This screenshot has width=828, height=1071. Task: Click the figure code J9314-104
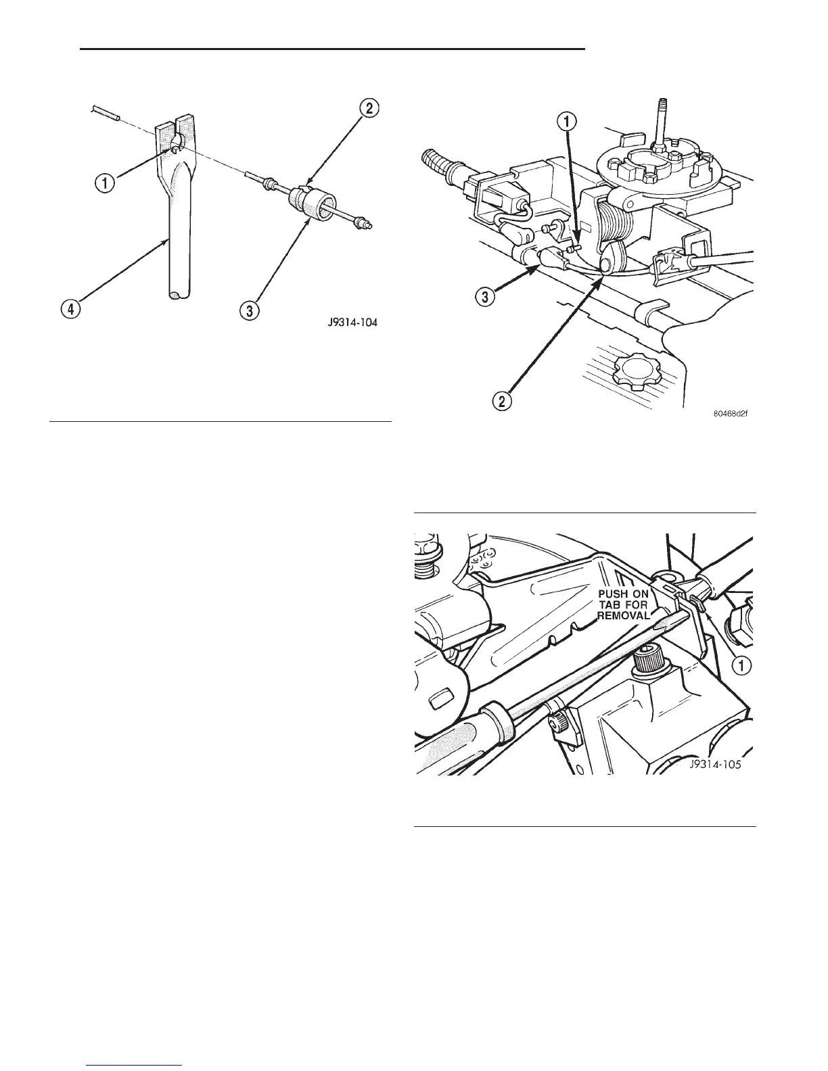pyautogui.click(x=349, y=323)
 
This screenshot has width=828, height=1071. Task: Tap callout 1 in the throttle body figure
pyautogui.click(x=567, y=122)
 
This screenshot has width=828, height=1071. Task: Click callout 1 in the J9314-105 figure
pyautogui.click(x=741, y=665)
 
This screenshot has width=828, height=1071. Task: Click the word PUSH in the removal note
pyautogui.click(x=614, y=594)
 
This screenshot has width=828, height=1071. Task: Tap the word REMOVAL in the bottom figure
pyautogui.click(x=623, y=616)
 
